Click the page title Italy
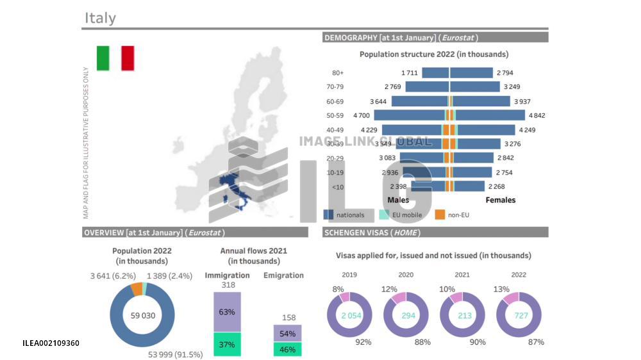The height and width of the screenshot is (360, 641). tap(100, 18)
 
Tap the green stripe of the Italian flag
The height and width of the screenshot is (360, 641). tap(103, 58)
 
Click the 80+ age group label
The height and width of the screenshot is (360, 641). tap(338, 73)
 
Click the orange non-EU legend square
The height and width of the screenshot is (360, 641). tap(440, 215)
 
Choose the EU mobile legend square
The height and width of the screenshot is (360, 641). tap(384, 215)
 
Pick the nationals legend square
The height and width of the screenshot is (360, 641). tap(328, 215)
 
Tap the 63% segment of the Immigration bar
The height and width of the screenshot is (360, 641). tap(227, 312)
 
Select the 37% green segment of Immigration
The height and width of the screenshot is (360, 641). tap(227, 344)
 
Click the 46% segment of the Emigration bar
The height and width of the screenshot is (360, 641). tap(288, 349)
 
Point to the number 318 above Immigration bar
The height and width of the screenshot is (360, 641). tap(227, 285)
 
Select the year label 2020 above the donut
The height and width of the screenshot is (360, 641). tap(406, 274)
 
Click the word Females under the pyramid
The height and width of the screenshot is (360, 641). tap(500, 200)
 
